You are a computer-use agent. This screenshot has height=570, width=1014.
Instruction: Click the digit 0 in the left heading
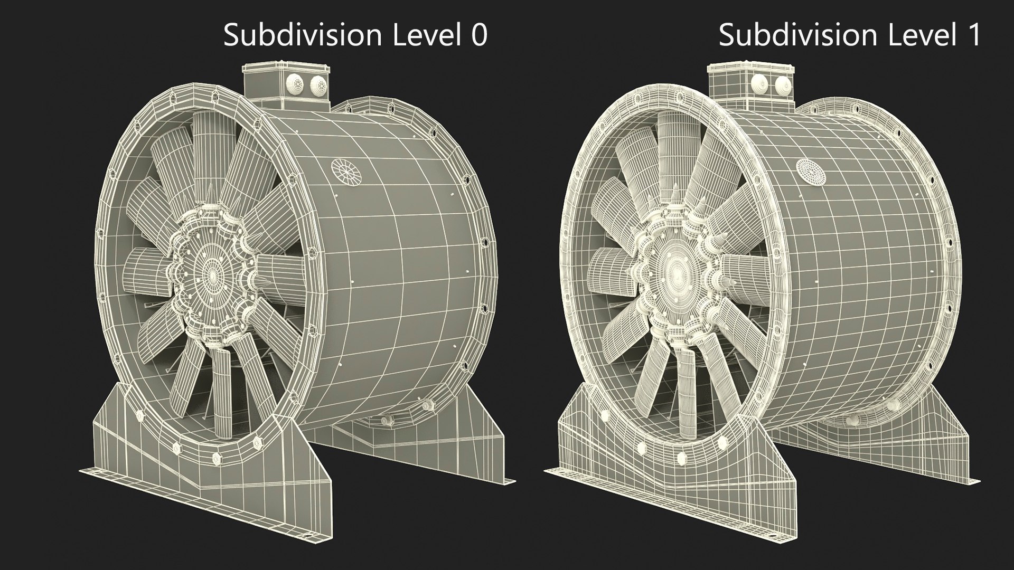478,36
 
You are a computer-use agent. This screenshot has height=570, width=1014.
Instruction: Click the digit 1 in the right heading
973,36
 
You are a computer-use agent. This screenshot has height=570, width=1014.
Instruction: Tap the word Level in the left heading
426,36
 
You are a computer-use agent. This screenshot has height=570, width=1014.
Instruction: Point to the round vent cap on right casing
810,172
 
